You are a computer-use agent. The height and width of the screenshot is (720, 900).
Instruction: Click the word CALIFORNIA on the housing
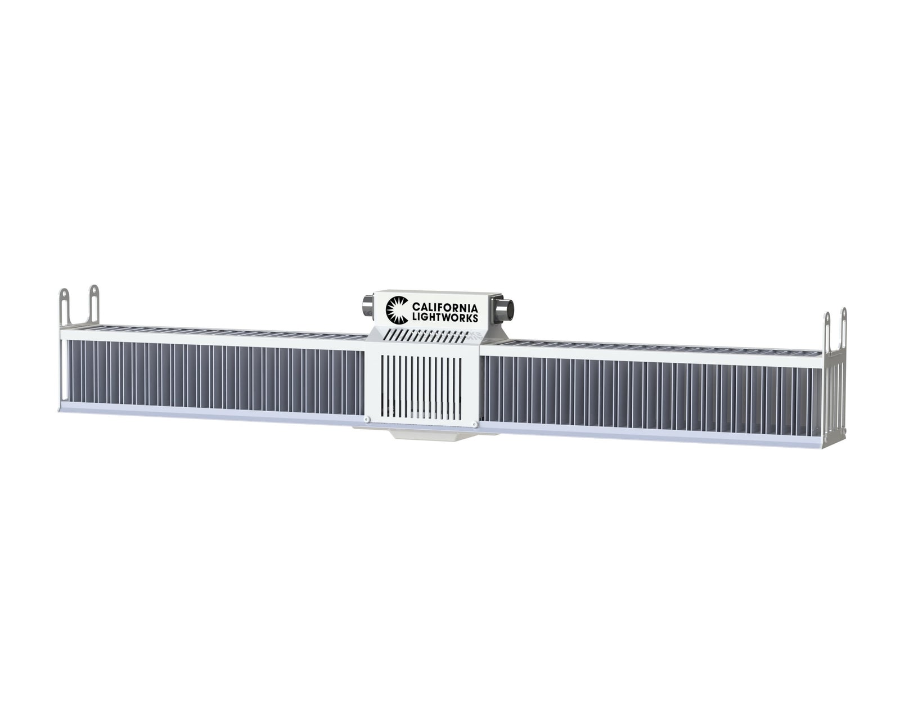coord(445,308)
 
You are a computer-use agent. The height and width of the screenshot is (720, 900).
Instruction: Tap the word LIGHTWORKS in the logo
coord(445,318)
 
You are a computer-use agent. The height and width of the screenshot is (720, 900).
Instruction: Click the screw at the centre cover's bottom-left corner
coord(368,419)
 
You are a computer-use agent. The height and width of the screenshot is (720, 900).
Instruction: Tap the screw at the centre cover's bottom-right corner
coord(476,423)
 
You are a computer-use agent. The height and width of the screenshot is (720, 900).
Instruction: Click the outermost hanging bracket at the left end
coord(65,307)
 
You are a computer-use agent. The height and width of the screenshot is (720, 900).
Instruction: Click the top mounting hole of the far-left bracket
coord(65,294)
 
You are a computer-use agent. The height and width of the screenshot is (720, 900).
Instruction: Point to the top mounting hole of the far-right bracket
coord(843,313)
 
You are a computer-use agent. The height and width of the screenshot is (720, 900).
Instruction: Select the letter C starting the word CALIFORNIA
coord(416,308)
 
